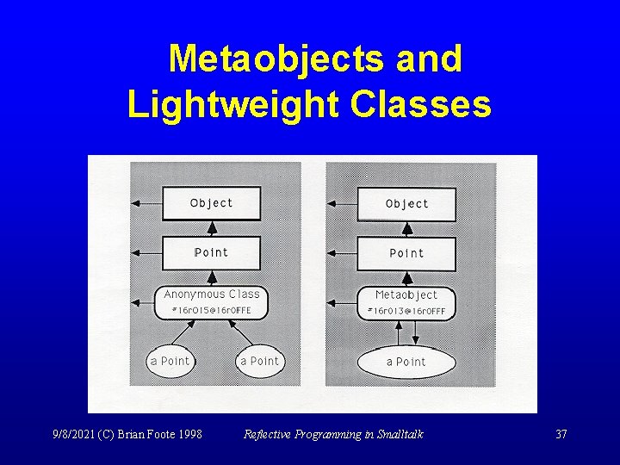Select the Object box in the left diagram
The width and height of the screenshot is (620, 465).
coord(211,203)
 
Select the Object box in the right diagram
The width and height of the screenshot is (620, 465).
coord(406,204)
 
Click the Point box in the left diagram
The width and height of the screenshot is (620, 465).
coord(211,252)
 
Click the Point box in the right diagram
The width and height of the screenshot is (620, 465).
coord(406,253)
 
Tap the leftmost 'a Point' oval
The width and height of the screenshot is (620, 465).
coord(170,361)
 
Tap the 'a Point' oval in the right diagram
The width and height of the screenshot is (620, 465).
coord(406,362)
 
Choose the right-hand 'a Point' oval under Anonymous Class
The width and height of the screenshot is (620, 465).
coord(259,361)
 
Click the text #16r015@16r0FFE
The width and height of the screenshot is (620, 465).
coord(211,310)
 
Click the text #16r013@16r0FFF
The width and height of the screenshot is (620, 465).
coord(406,311)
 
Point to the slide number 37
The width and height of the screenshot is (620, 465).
coord(561,434)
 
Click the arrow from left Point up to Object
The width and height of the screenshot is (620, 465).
coord(211,228)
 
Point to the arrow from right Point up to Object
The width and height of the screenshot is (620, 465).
coord(406,229)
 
